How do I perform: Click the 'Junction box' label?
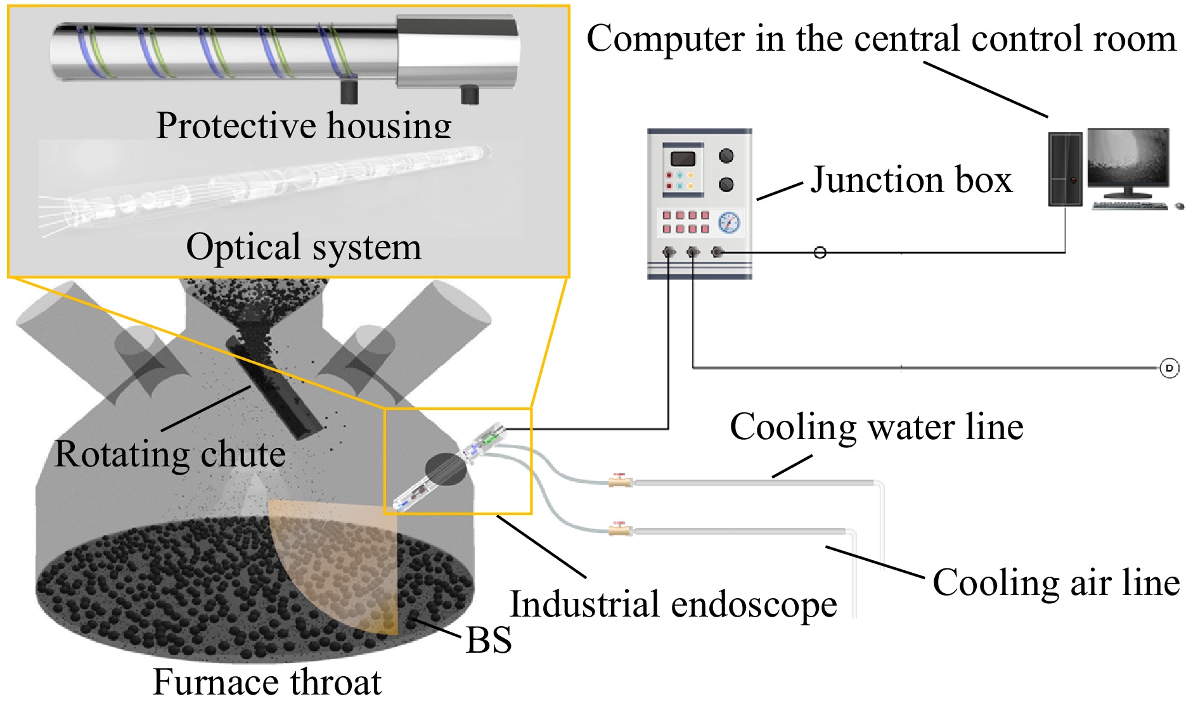coord(911,180)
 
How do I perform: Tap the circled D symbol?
coord(1169,368)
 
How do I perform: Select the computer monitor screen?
coord(1128,157)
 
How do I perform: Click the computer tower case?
coord(1065,169)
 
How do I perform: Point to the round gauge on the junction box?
coord(729,222)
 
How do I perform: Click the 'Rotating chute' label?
coord(170,454)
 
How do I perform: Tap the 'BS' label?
coord(488,640)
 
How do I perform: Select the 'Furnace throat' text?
coord(267,682)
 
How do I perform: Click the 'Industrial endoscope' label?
coord(673,604)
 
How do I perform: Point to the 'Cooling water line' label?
coord(876,427)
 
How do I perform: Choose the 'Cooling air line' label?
coord(1056,582)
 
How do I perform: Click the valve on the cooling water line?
coord(620,481)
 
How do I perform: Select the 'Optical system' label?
coord(304,247)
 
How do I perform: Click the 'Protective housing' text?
coord(304,125)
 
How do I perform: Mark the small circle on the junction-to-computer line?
coord(820,253)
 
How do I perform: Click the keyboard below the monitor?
coord(1130,205)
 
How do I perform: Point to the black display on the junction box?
coord(683,158)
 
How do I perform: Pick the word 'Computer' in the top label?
coord(665,39)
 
